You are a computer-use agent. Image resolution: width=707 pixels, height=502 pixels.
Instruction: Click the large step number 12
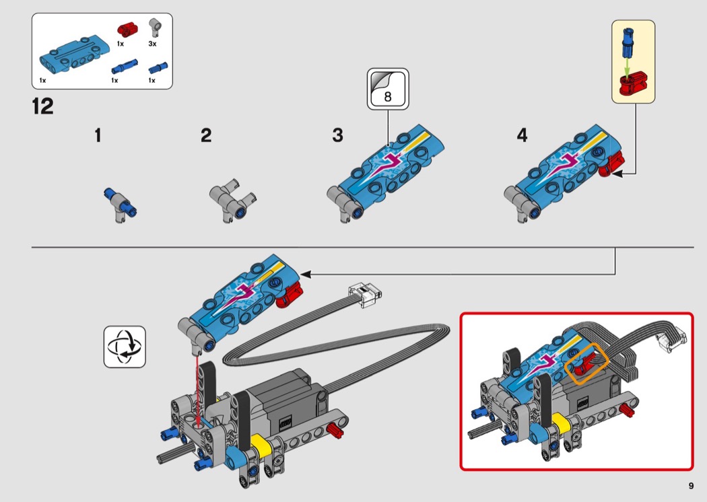click(42, 107)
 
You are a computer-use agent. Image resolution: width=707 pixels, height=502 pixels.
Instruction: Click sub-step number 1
click(98, 136)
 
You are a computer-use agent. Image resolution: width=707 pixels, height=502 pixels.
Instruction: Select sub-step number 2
click(205, 136)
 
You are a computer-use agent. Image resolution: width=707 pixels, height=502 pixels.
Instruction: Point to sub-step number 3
click(337, 136)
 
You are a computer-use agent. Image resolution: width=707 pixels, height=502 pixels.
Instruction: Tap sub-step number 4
click(522, 136)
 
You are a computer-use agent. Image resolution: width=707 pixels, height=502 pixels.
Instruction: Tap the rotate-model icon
click(125, 347)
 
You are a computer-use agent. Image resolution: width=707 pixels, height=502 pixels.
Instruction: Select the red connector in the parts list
click(126, 29)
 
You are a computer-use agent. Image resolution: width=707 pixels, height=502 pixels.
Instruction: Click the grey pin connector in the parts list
click(156, 28)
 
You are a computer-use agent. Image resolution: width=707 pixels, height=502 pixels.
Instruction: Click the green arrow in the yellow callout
click(628, 65)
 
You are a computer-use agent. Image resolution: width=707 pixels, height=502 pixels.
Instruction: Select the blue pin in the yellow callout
click(627, 40)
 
